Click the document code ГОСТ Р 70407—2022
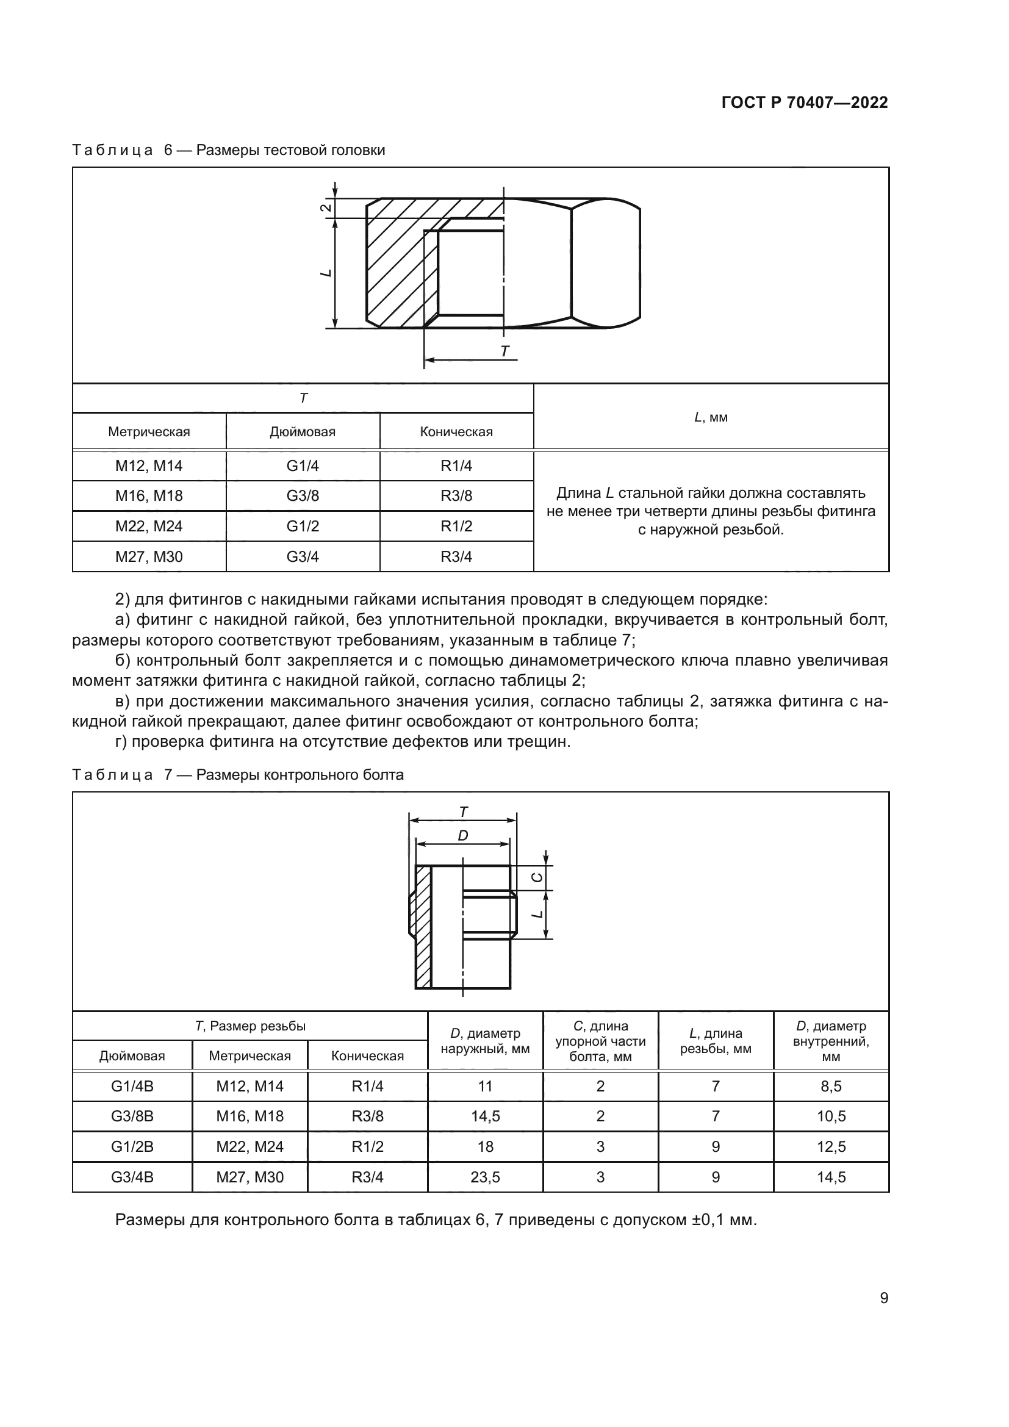pyautogui.click(x=805, y=102)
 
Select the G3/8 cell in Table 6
pyautogui.click(x=303, y=496)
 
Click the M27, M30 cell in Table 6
pyautogui.click(x=149, y=556)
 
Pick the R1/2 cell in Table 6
pyautogui.click(x=456, y=526)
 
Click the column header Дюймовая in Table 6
pyautogui.click(x=303, y=432)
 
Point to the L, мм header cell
pyautogui.click(x=711, y=417)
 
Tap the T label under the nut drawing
pyautogui.click(x=504, y=351)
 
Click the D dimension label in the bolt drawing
pyautogui.click(x=463, y=836)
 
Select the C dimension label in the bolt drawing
pyautogui.click(x=538, y=877)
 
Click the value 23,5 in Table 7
pyautogui.click(x=485, y=1176)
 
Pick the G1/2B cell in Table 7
pyautogui.click(x=132, y=1146)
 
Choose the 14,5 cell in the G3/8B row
pyautogui.click(x=485, y=1116)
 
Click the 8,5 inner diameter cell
pyautogui.click(x=831, y=1086)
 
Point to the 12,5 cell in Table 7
pyautogui.click(x=831, y=1146)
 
